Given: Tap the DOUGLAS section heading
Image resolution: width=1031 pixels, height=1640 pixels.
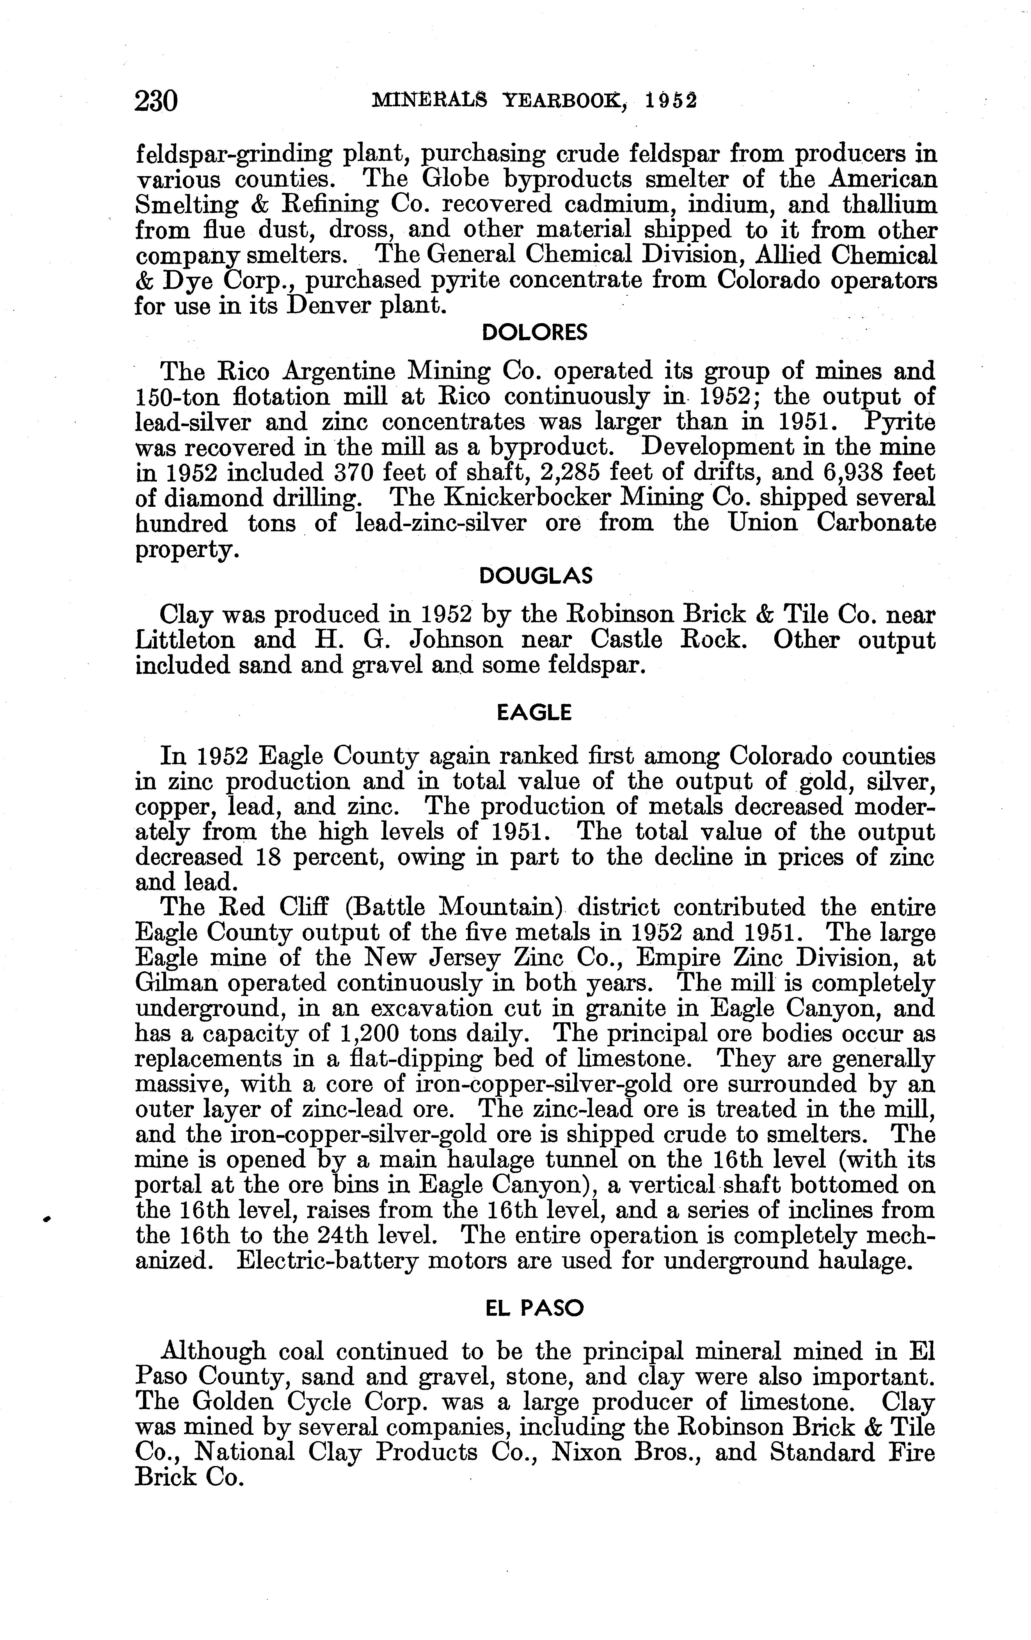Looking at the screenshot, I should (536, 576).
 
